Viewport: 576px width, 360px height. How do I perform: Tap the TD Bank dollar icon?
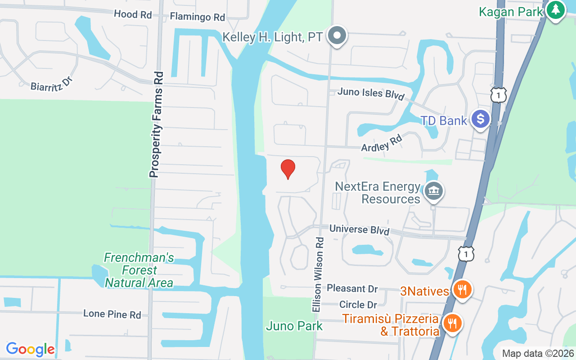tap(481, 120)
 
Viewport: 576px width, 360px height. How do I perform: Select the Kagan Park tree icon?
tap(556, 10)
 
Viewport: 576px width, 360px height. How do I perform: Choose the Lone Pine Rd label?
tap(112, 314)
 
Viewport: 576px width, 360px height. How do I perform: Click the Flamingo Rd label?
tap(197, 17)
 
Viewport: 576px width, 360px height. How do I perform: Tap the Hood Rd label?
tap(133, 14)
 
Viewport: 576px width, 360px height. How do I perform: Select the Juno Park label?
tap(294, 326)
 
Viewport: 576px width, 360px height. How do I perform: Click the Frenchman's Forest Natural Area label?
tap(139, 270)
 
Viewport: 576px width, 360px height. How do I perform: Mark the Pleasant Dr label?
tap(352, 288)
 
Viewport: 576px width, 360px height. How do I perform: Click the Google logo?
tap(31, 349)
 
